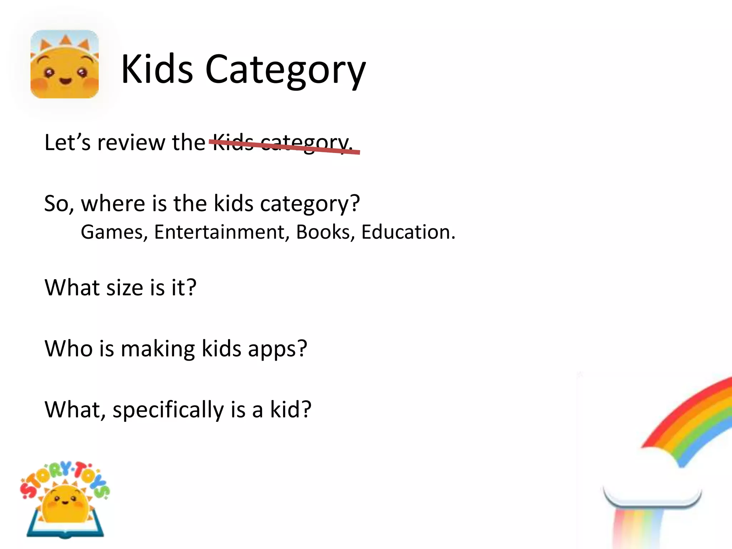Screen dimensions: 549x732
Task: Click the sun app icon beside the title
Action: [x=64, y=64]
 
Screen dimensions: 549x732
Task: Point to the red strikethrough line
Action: [x=285, y=147]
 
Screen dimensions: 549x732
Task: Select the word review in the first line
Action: [x=131, y=142]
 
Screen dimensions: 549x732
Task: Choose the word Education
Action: [x=408, y=232]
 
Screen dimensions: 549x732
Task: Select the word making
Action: [x=158, y=348]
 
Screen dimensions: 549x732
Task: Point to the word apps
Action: [x=277, y=349]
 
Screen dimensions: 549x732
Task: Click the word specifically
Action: [x=168, y=410]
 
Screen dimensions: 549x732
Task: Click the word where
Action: [x=113, y=203]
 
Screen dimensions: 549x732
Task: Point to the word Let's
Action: [x=67, y=142]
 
